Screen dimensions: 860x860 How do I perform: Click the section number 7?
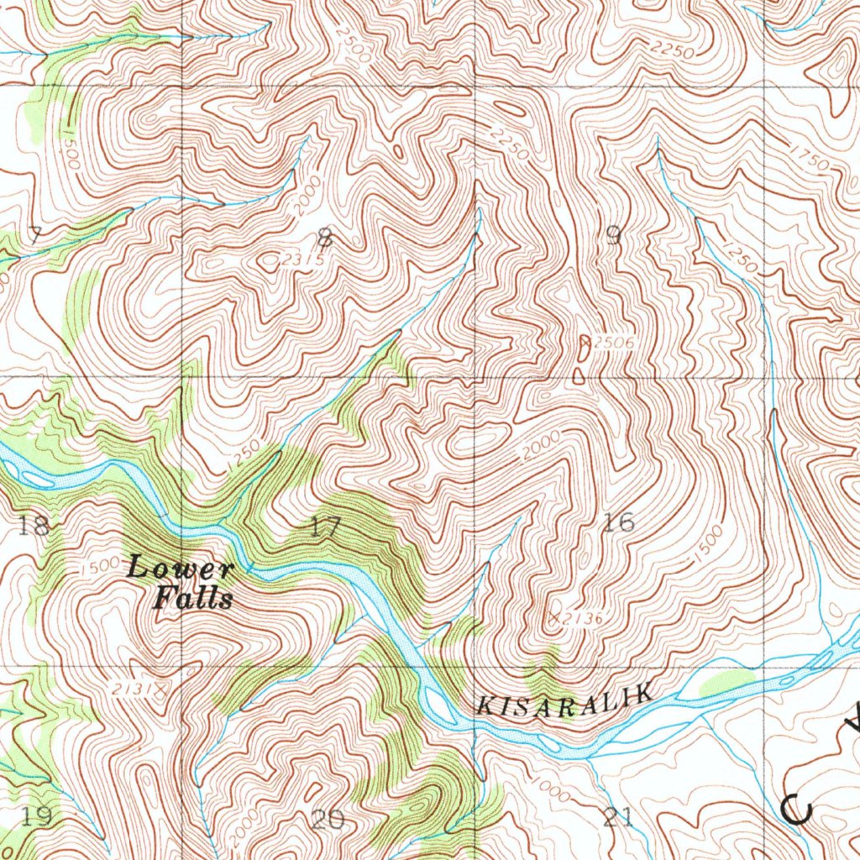(34, 235)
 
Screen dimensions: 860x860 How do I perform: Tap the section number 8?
(325, 238)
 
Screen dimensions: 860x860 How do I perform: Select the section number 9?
(613, 237)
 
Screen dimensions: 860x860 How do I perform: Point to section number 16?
(619, 522)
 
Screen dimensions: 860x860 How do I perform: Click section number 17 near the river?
(325, 527)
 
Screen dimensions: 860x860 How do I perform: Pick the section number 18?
(34, 527)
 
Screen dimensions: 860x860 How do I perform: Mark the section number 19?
(37, 815)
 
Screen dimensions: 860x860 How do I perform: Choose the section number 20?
(328, 819)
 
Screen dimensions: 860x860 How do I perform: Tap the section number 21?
(618, 817)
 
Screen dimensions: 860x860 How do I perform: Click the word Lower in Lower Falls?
(180, 569)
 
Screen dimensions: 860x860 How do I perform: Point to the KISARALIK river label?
(564, 700)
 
